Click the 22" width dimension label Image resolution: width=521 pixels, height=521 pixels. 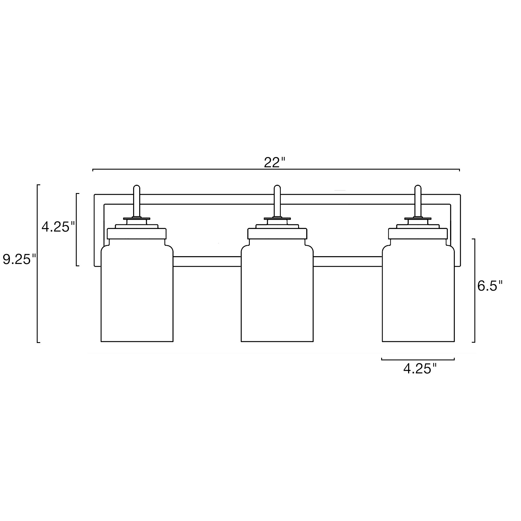pyautogui.click(x=274, y=163)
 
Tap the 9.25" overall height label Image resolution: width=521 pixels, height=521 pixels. pyautogui.click(x=19, y=259)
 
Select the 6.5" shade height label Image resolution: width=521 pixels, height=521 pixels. pyautogui.click(x=490, y=286)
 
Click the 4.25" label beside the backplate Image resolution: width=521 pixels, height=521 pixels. pyautogui.click(x=58, y=227)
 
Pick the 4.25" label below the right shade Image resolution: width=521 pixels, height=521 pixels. pyautogui.click(x=419, y=369)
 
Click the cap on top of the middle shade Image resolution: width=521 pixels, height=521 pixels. pyautogui.click(x=277, y=233)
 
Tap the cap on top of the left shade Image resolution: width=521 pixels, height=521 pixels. pyautogui.click(x=137, y=233)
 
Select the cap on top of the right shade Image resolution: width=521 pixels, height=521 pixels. pyautogui.click(x=418, y=233)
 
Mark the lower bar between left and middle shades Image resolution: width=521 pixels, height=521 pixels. pyautogui.click(x=207, y=261)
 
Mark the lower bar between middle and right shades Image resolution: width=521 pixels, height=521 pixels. pyautogui.click(x=348, y=261)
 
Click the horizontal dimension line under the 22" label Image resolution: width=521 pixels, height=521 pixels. pyautogui.click(x=276, y=169)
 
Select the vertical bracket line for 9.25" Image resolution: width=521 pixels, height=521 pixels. pyautogui.click(x=38, y=263)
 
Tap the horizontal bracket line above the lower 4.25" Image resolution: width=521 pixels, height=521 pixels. pyautogui.click(x=418, y=360)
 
